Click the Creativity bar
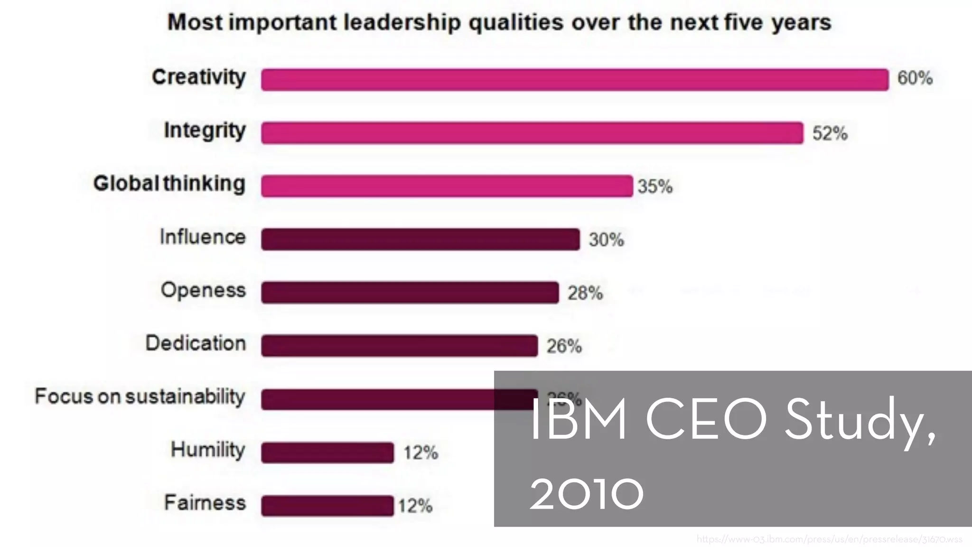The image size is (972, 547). point(574,79)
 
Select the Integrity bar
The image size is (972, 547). point(532,132)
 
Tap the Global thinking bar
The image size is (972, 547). point(446,186)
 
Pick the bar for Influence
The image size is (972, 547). point(420,239)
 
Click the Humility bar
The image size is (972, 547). point(327,452)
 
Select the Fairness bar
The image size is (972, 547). point(327,505)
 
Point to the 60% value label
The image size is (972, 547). point(915,78)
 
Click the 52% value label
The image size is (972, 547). point(830,133)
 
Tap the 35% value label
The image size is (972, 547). point(655,186)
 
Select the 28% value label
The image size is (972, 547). point(585,293)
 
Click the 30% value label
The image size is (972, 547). point(606,239)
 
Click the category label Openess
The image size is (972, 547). point(203,290)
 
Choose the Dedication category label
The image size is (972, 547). point(196,343)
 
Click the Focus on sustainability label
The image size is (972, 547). point(140,396)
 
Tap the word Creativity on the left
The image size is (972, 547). point(199,77)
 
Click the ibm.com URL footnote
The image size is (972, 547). point(829,539)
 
